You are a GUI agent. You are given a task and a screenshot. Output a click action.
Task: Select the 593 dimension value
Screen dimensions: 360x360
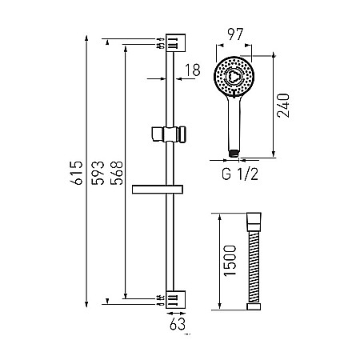(x=98, y=173)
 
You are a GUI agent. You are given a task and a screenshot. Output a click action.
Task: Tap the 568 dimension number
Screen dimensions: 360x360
(x=117, y=173)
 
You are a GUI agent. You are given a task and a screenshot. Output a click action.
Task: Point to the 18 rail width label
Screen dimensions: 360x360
(x=192, y=70)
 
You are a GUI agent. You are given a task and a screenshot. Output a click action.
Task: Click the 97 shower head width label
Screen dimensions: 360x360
(x=235, y=34)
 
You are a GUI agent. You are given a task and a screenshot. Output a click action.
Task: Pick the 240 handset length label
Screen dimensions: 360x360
(x=283, y=106)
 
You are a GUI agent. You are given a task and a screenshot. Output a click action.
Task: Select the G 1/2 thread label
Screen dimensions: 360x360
(x=240, y=174)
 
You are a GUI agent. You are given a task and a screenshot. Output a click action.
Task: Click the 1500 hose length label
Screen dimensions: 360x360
(x=230, y=261)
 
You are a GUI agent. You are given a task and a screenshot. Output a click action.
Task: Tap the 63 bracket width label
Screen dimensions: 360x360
(x=178, y=324)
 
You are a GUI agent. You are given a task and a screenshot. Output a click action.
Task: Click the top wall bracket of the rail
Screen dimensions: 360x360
(x=175, y=42)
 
